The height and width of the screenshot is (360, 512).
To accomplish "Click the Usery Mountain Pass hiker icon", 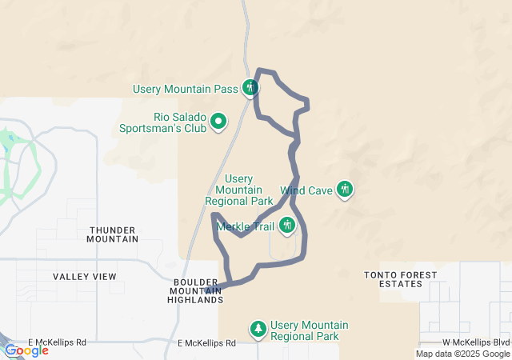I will click(x=251, y=87).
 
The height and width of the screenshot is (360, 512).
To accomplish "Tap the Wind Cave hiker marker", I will click(x=345, y=190).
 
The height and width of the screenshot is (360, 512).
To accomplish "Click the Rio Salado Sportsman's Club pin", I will click(x=218, y=122).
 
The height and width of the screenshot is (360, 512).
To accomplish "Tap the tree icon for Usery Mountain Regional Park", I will click(x=258, y=329).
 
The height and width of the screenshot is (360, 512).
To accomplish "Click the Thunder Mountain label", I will click(x=113, y=234).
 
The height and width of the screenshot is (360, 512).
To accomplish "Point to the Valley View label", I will click(x=85, y=277).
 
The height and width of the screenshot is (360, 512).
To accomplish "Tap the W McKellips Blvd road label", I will click(x=476, y=342).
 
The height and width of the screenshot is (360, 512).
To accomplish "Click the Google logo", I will click(x=26, y=350).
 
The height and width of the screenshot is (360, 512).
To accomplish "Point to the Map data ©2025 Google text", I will click(x=462, y=354).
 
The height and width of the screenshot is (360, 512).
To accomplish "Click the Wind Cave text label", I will click(x=307, y=191).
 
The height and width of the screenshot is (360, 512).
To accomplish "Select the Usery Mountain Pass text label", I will click(x=190, y=88).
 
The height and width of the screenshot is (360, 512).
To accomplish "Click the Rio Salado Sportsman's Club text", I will click(x=162, y=122).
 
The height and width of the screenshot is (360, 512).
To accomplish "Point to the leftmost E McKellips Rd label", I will click(x=57, y=342).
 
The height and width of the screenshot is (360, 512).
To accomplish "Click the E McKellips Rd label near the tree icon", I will click(x=207, y=343).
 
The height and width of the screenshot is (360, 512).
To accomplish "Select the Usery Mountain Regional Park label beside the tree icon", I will click(x=310, y=330).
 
